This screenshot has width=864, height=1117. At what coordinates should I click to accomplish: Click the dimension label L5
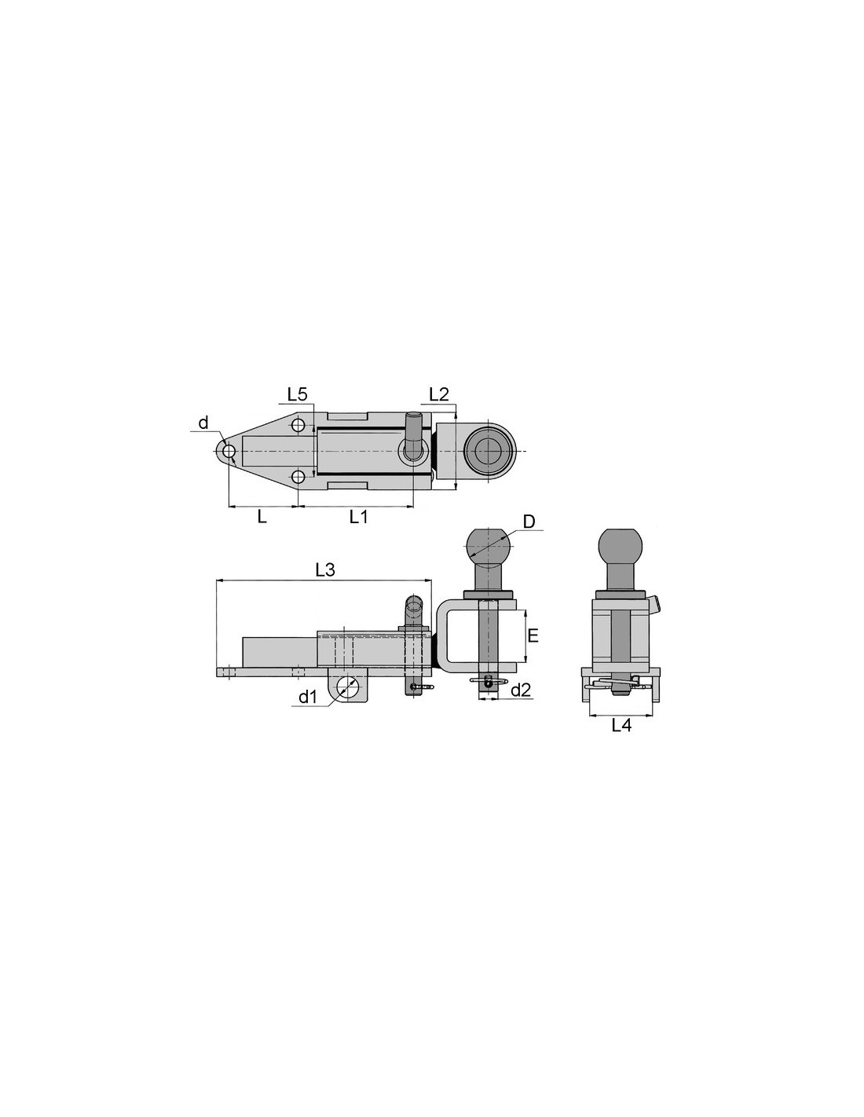297,394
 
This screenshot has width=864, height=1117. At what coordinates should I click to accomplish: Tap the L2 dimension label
438,394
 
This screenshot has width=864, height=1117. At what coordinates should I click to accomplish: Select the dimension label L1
358,517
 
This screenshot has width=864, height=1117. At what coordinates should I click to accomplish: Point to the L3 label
325,569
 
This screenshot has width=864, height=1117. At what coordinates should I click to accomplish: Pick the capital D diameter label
529,522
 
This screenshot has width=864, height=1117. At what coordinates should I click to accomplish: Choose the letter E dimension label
533,635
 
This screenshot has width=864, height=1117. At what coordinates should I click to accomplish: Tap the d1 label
307,697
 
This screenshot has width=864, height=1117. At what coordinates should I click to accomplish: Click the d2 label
521,690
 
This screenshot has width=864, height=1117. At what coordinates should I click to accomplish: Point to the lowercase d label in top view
203,423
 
